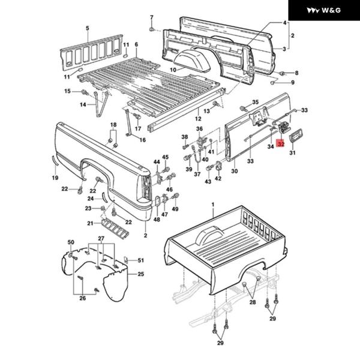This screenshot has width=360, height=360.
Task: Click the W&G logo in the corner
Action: (x=324, y=11)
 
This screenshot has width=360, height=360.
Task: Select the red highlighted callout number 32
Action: (x=281, y=145)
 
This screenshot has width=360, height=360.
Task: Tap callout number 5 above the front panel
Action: (x=87, y=28)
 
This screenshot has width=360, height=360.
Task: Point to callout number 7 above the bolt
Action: (x=152, y=17)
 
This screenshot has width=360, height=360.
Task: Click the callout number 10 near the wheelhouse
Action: (x=172, y=70)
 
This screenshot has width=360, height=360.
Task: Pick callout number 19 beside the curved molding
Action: (x=55, y=178)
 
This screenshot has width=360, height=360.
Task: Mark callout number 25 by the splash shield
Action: (x=141, y=274)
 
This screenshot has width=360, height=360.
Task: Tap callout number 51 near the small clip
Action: (x=142, y=260)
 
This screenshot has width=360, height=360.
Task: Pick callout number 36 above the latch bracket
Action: (x=199, y=129)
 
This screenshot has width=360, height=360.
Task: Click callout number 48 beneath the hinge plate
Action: (x=157, y=220)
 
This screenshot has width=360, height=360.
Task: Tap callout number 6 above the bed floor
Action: (x=136, y=44)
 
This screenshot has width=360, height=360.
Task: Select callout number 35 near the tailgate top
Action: (x=255, y=103)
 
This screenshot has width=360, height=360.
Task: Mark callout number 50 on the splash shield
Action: (x=70, y=242)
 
